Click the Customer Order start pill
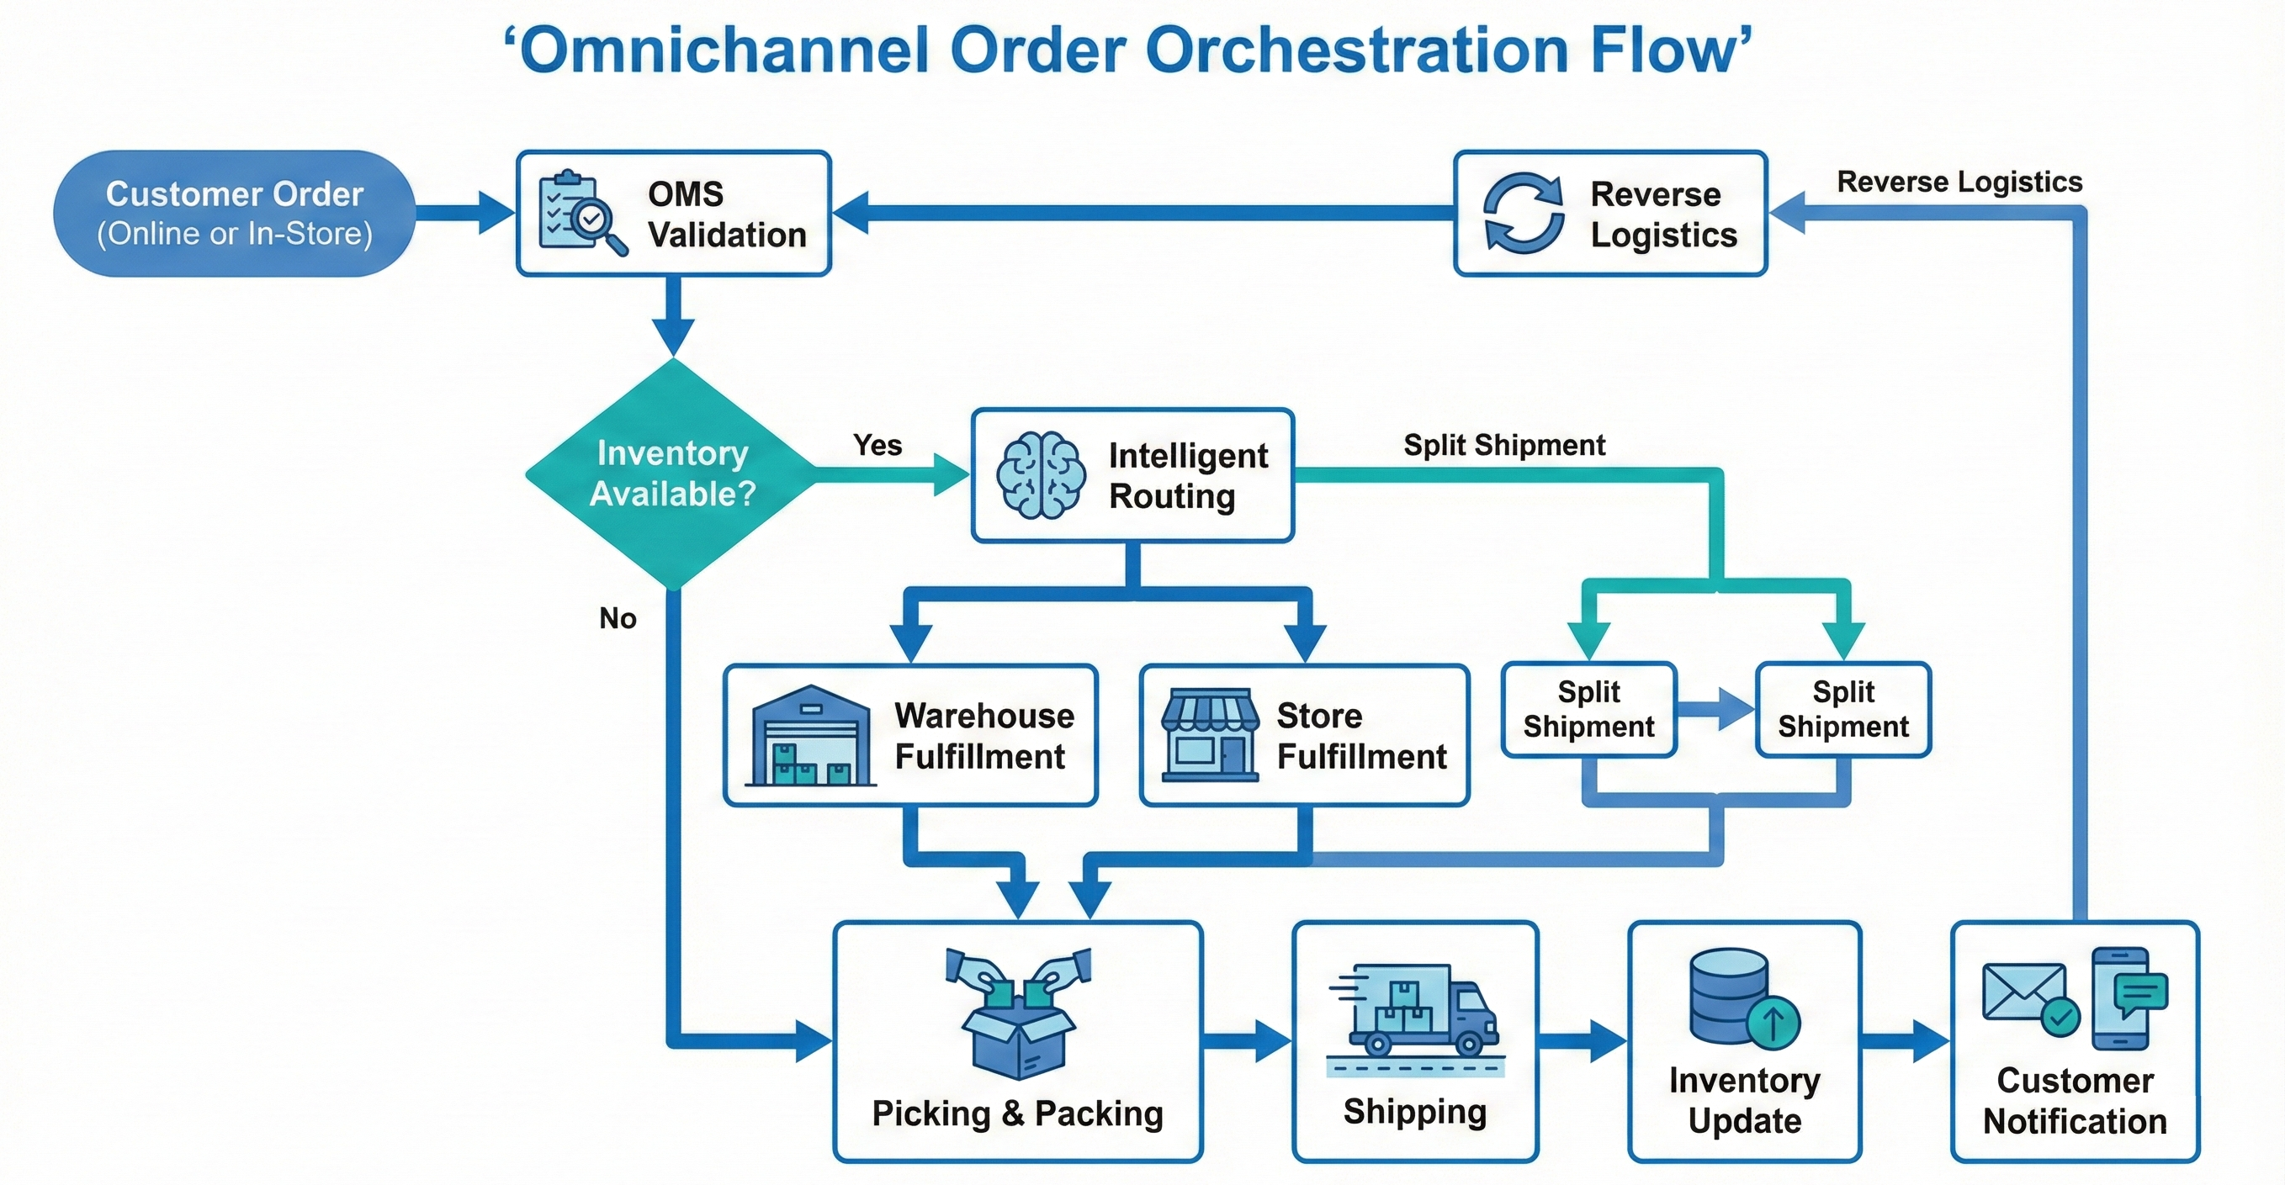pos(234,214)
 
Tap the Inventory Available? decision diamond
pos(672,473)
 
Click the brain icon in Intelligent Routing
pos(1040,475)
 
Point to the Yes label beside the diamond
pos(877,444)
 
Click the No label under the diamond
pos(618,617)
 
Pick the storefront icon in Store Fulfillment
pos(1210,735)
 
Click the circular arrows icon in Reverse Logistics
pos(1523,214)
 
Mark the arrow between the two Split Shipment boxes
pos(1715,710)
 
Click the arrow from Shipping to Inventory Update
pos(1583,1041)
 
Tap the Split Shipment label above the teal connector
pos(1503,444)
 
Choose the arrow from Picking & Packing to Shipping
pos(1247,1041)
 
